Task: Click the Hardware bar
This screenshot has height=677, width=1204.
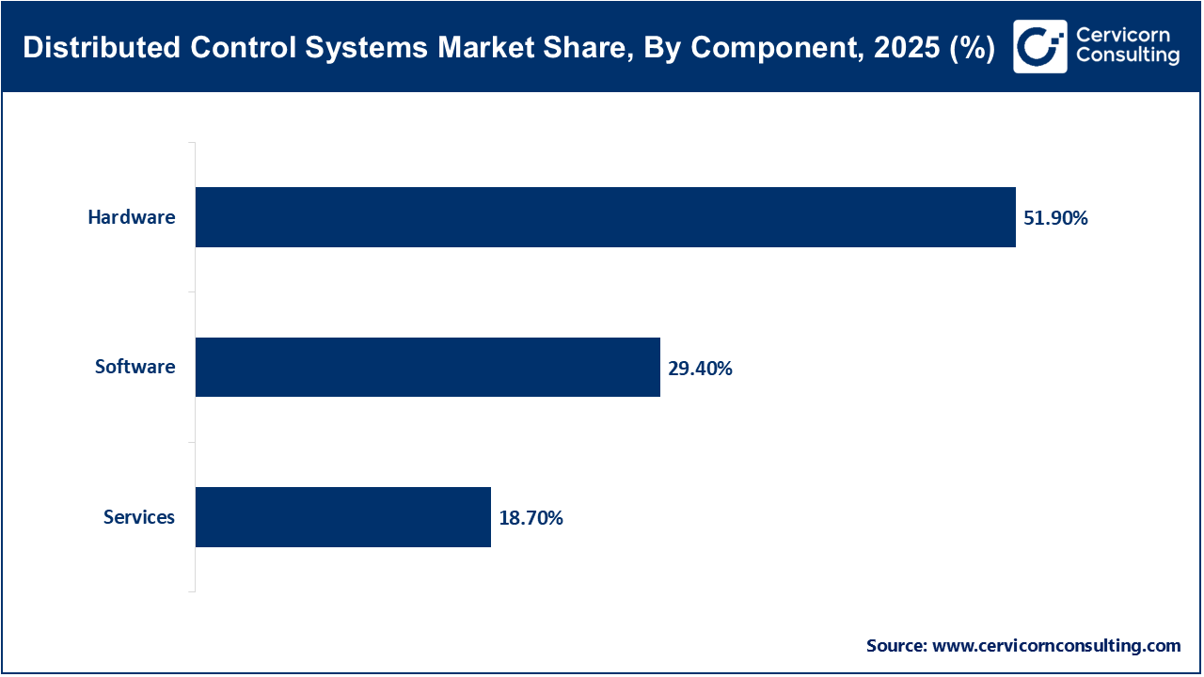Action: tap(605, 217)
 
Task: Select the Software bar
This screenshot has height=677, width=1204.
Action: tap(427, 367)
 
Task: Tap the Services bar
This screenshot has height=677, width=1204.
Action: tap(342, 517)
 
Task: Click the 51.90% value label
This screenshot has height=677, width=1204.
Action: tap(1055, 218)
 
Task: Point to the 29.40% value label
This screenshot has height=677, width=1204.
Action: tap(700, 369)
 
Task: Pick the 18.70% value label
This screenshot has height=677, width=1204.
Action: tap(531, 518)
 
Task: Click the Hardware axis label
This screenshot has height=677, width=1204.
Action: tap(132, 217)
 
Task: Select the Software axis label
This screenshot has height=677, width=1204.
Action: tap(135, 367)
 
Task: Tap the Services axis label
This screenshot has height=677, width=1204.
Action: tap(138, 517)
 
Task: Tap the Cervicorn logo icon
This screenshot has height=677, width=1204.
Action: tap(1039, 46)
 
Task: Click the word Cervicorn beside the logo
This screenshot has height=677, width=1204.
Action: tap(1121, 35)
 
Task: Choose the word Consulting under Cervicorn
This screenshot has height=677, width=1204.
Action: tap(1127, 56)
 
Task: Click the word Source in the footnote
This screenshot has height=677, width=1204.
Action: tap(895, 646)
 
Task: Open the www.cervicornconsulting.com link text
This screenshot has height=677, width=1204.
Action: tap(1056, 646)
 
